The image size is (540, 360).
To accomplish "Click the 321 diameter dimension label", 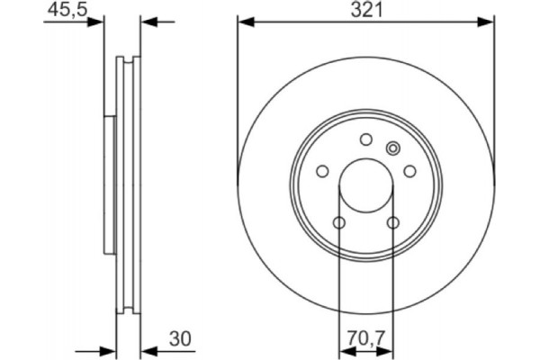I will [x=365, y=10].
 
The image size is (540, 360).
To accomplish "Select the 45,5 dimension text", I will [x=60, y=10].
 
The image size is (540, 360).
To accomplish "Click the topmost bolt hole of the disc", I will [x=365, y=139].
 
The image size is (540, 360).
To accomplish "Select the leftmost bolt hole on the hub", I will [x=321, y=171].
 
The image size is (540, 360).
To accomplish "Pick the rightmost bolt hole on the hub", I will [x=409, y=171].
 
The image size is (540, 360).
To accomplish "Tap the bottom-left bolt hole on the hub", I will [x=338, y=222].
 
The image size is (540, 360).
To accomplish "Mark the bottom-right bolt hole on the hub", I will [x=392, y=222].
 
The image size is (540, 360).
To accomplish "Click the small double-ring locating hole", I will [x=391, y=148].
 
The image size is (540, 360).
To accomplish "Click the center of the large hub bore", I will [x=365, y=185].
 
